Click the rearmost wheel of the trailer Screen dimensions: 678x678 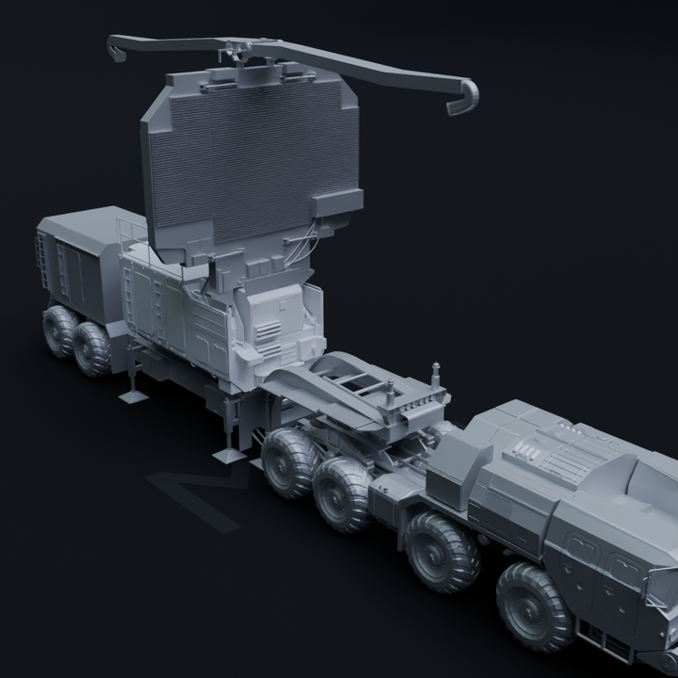(59, 330)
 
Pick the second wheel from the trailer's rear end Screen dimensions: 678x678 (93, 347)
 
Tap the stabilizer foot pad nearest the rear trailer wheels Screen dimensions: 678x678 (133, 395)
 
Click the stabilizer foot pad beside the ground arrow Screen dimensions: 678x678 (229, 456)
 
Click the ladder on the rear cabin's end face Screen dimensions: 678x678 (41, 259)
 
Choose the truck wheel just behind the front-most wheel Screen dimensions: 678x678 (442, 552)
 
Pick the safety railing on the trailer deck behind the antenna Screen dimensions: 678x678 (129, 231)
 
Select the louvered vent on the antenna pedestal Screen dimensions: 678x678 (268, 334)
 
